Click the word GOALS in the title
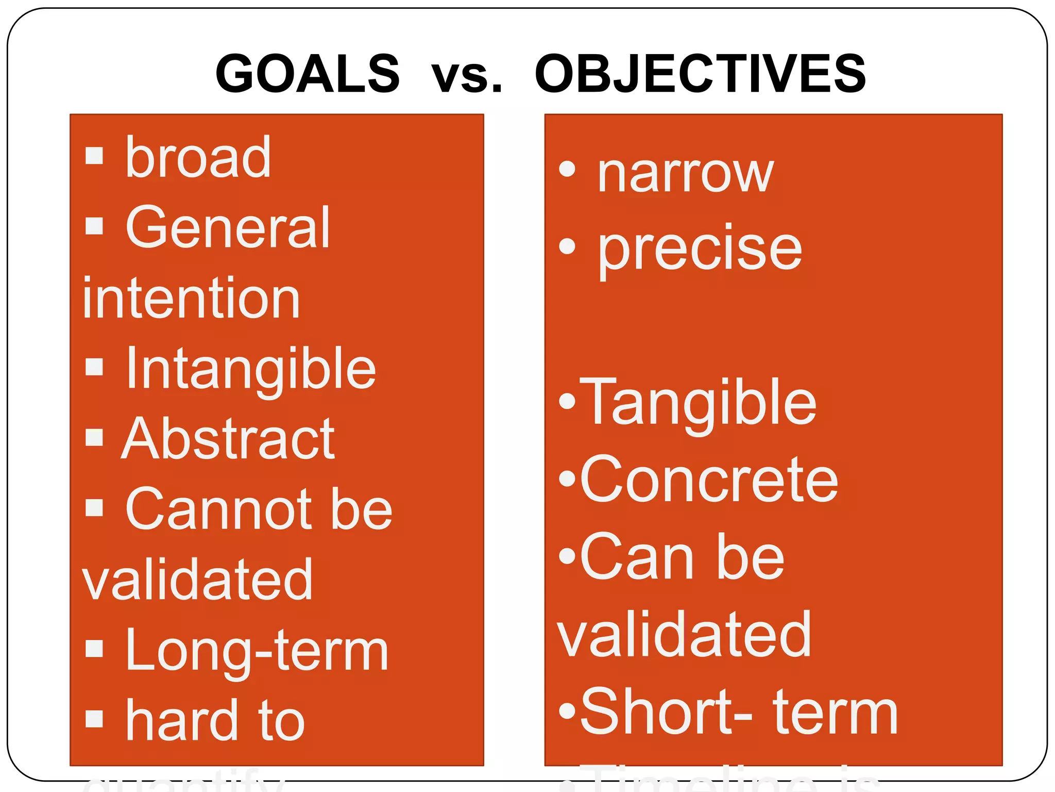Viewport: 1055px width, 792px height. tap(308, 74)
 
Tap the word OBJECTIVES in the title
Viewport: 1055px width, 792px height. tap(701, 74)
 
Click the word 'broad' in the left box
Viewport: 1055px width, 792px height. tap(198, 157)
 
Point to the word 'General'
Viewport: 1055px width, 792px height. tap(227, 227)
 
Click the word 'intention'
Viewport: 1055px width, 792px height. tap(191, 299)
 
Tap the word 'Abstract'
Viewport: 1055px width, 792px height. tap(228, 439)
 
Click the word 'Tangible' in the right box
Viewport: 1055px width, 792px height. tap(699, 403)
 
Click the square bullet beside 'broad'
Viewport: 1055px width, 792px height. tap(94, 155)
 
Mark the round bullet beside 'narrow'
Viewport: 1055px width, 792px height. tap(567, 169)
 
